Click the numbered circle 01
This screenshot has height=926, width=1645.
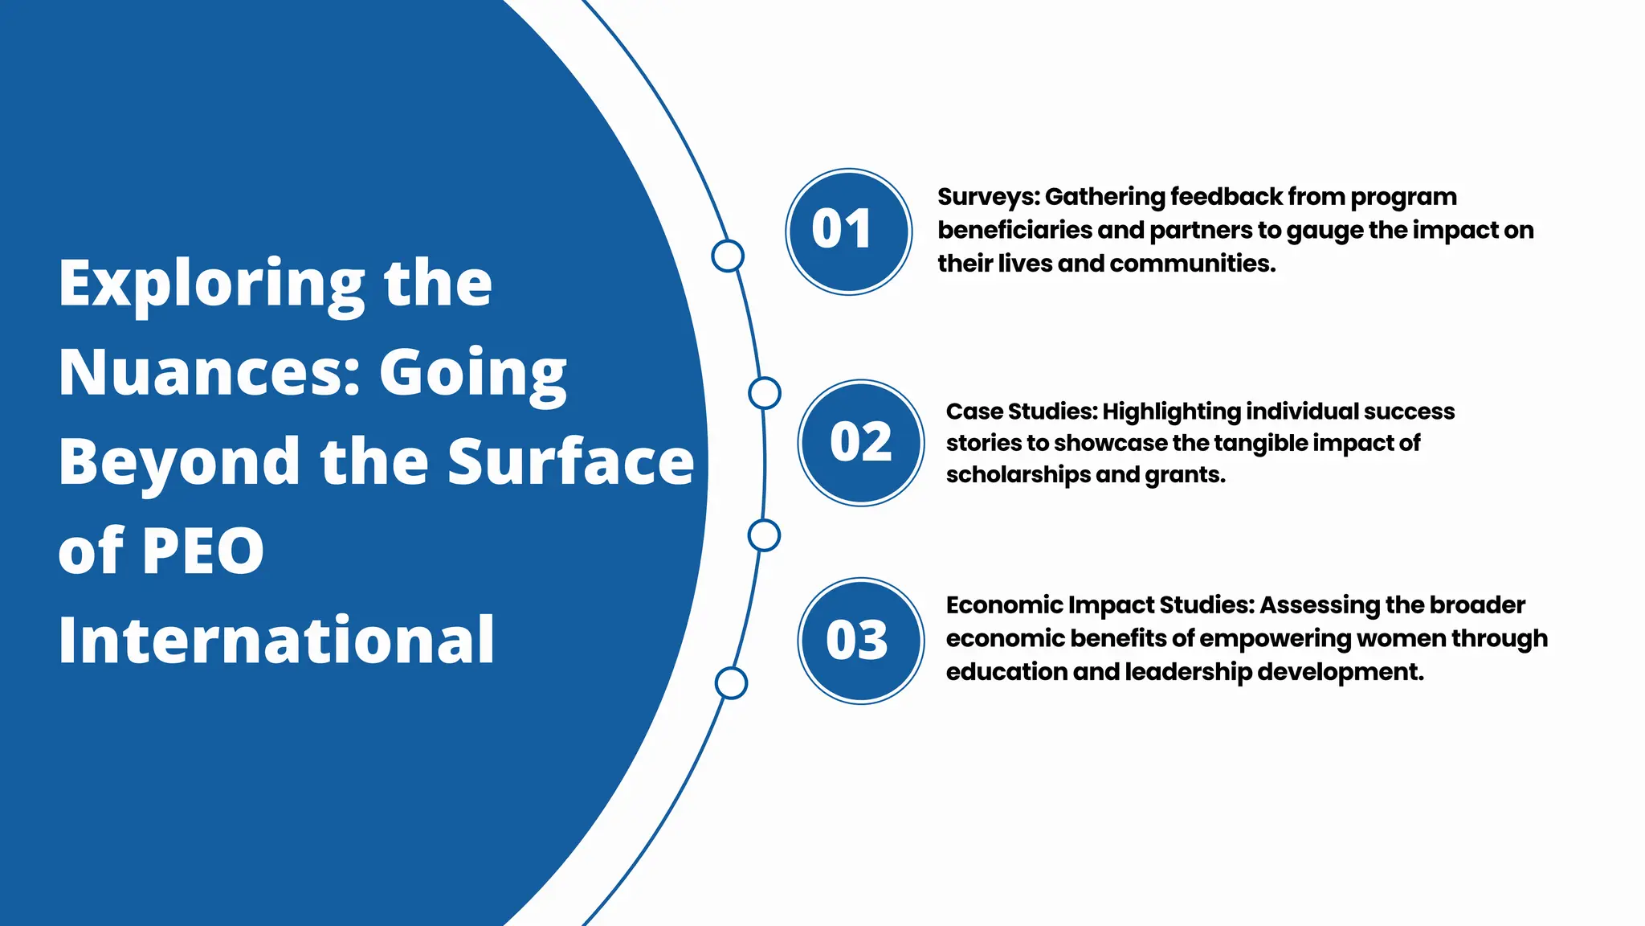848,231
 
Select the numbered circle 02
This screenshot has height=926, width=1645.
860,443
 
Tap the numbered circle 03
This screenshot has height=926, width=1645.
860,641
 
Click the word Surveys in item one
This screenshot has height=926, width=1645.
987,197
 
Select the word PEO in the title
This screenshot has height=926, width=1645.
202,551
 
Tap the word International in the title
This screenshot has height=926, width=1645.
276,641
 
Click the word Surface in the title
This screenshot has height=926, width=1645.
570,462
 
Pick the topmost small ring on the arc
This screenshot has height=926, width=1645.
728,256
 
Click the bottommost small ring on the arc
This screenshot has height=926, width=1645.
731,683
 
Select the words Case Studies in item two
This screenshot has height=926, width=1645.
1020,412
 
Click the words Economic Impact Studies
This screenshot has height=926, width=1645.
1099,605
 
